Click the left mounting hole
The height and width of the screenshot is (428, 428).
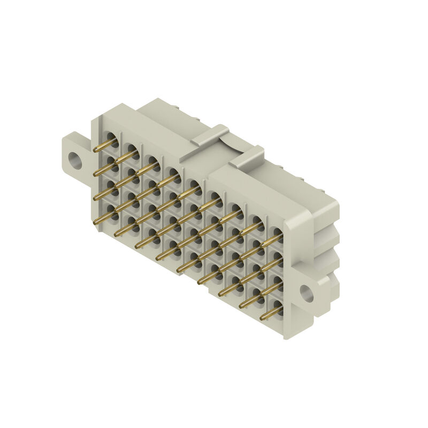73,159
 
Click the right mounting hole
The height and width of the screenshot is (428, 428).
306,292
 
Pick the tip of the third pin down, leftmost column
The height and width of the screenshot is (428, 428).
96,197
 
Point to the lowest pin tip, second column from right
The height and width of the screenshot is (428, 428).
240,307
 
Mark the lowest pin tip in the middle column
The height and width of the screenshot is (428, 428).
178,271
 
